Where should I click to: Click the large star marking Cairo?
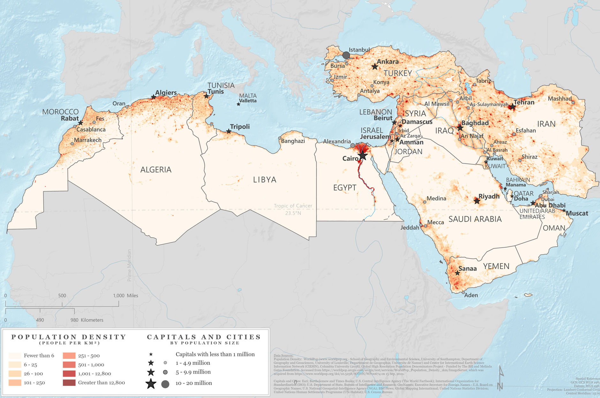pyautogui.click(x=363, y=156)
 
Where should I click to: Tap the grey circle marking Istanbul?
pyautogui.click(x=346, y=55)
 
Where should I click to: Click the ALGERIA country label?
pyautogui.click(x=156, y=170)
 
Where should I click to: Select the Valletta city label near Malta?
pyautogui.click(x=248, y=101)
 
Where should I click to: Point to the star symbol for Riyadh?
pyautogui.click(x=477, y=201)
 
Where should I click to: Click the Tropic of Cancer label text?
pyautogui.click(x=293, y=206)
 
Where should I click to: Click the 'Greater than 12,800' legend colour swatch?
pyautogui.click(x=69, y=382)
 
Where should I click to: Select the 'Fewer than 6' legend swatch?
pyautogui.click(x=15, y=356)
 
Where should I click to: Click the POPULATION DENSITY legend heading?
pyautogui.click(x=69, y=337)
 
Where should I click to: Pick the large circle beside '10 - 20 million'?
pyautogui.click(x=165, y=384)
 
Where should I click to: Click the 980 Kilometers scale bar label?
pyautogui.click(x=87, y=320)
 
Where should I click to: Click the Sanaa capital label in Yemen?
pyautogui.click(x=468, y=269)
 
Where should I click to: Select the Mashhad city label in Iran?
pyautogui.click(x=559, y=98)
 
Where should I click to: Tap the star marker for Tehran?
pyautogui.click(x=512, y=107)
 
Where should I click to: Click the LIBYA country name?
pyautogui.click(x=265, y=180)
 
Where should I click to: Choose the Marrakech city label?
pyautogui.click(x=88, y=140)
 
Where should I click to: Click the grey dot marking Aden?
pyautogui.click(x=463, y=292)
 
